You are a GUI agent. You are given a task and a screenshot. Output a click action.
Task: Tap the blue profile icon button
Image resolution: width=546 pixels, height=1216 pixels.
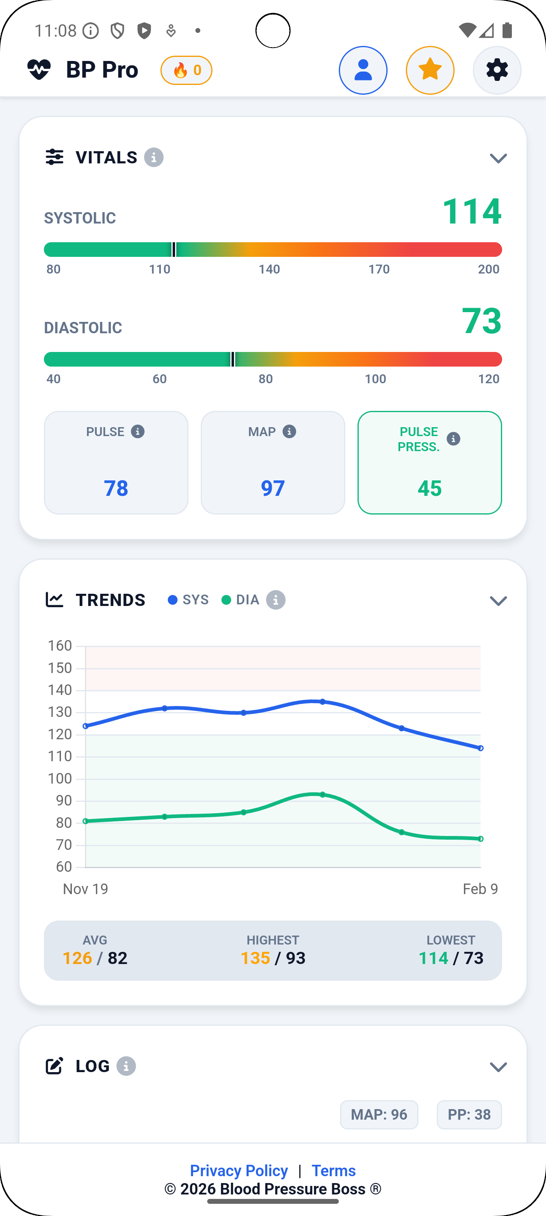363,70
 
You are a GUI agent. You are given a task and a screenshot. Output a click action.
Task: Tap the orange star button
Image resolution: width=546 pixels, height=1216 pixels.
430,70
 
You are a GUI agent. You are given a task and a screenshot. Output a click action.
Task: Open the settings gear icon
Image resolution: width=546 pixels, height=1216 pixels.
497,70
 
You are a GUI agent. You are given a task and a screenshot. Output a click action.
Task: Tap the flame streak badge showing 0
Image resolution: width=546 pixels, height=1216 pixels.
186,70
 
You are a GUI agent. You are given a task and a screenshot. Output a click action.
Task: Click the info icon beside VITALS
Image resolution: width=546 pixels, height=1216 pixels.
154,157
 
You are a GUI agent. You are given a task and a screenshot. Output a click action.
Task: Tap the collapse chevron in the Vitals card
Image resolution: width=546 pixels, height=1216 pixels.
498,158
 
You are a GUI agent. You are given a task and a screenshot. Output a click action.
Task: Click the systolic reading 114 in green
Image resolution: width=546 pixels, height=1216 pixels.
471,211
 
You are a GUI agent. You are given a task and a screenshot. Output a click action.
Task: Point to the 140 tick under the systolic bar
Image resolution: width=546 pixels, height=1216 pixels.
269,269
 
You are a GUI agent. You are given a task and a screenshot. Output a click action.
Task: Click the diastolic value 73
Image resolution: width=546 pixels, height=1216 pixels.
481,321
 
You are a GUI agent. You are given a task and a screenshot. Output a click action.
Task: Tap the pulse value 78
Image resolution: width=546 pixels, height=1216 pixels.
116,488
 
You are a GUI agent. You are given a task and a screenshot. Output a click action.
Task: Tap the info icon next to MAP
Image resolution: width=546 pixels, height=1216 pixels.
289,432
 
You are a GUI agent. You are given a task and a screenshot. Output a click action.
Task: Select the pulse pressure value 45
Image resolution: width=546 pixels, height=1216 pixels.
429,488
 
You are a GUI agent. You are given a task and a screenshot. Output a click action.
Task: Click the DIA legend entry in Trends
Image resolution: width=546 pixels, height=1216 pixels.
241,599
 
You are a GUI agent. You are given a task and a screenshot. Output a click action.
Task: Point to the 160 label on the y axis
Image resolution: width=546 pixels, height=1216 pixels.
60,645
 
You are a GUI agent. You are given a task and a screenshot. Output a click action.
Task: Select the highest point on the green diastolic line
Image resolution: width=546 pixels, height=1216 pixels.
322,795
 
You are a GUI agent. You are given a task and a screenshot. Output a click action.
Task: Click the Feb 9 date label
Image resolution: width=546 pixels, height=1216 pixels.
480,889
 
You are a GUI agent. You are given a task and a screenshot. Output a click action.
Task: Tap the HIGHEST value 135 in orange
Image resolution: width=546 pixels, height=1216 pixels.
255,958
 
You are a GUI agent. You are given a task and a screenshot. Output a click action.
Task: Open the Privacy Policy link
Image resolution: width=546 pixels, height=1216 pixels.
239,1170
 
